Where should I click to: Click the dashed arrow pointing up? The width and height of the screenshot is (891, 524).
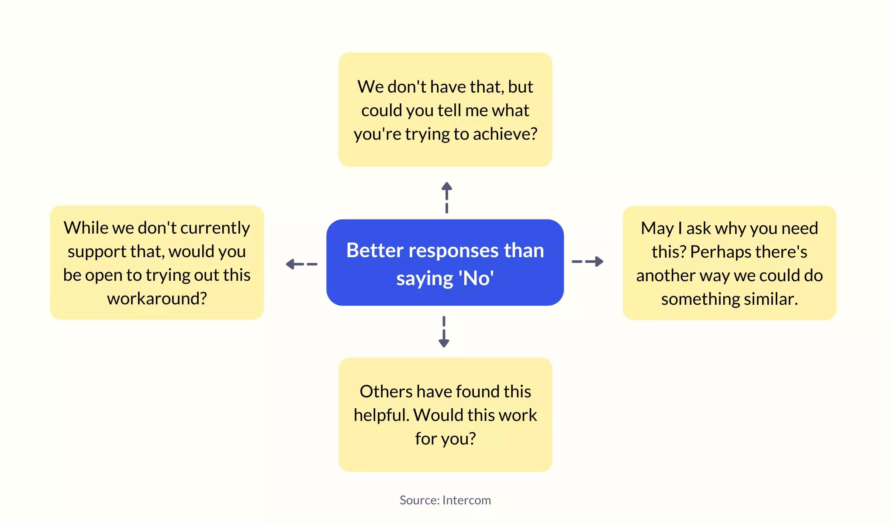pos(446,197)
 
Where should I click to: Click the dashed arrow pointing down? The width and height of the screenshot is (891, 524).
pos(444,332)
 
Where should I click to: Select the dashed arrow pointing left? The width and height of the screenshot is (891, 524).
pos(301,264)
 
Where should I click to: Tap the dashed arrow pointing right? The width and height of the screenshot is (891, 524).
pos(587,262)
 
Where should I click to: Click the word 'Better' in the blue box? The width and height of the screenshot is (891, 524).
pos(375,250)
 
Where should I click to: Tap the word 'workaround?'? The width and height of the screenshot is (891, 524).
pos(157,298)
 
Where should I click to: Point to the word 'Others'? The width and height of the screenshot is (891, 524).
pos(386,391)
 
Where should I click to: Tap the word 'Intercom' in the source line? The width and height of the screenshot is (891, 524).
pos(466,500)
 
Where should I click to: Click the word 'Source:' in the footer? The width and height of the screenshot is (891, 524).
pos(419,500)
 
